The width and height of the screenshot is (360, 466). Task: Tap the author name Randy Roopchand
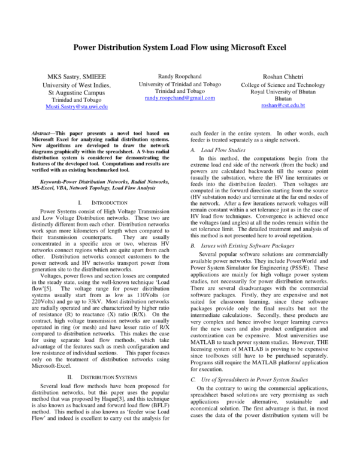click(x=180, y=76)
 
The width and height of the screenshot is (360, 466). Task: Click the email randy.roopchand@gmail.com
click(x=180, y=98)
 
